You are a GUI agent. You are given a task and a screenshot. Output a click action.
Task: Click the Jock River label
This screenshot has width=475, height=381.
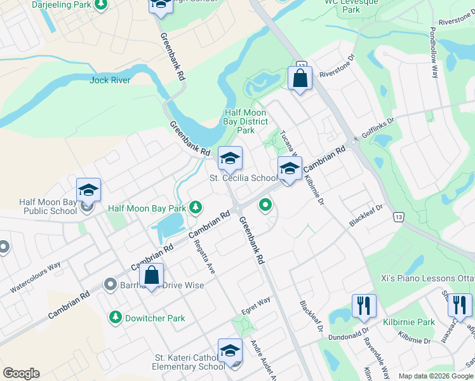pyautogui.click(x=110, y=80)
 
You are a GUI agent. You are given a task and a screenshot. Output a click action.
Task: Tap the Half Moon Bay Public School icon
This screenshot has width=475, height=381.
pyautogui.click(x=89, y=190)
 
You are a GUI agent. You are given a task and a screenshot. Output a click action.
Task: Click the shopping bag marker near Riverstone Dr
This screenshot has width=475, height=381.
pyautogui.click(x=300, y=79)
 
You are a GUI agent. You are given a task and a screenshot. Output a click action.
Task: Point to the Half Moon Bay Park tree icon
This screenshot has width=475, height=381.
pyautogui.click(x=196, y=207)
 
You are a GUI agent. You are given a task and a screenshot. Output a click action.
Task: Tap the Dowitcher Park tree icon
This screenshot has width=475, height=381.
pyautogui.click(x=116, y=317)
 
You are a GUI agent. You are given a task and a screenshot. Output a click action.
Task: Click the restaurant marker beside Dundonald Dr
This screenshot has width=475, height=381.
pyautogui.click(x=364, y=306)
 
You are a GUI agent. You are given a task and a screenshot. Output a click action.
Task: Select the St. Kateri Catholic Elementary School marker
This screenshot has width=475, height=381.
pyautogui.click(x=230, y=351)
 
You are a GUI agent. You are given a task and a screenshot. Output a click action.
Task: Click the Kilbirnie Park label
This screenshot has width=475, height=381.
pyautogui.click(x=409, y=323)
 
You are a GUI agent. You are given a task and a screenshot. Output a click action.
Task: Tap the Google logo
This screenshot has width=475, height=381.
pyautogui.click(x=21, y=373)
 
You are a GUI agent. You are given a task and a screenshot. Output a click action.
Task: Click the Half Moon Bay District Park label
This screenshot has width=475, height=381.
pyautogui.click(x=245, y=121)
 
